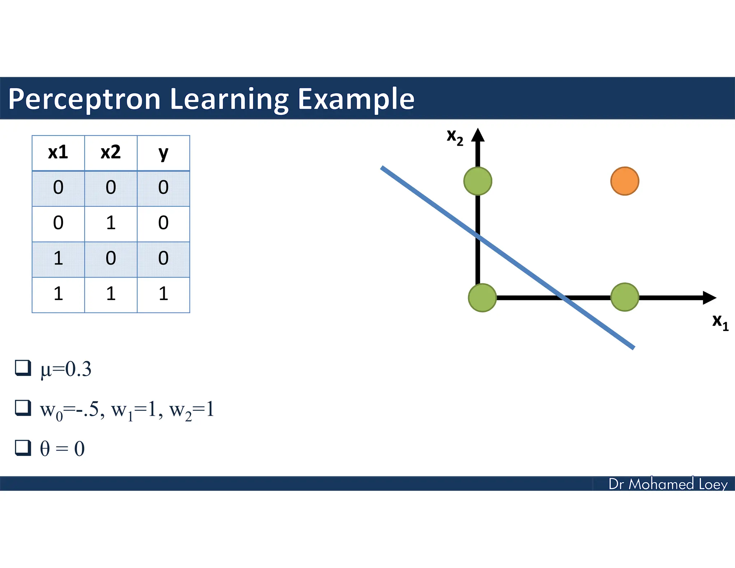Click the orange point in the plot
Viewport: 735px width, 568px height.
(624, 181)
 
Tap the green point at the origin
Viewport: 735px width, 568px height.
(482, 298)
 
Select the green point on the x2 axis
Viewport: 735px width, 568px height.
(478, 181)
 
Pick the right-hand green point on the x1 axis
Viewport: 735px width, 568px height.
(624, 297)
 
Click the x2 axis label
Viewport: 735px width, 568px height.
(455, 137)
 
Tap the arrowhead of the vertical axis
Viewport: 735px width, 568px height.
(478, 135)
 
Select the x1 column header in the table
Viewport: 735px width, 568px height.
(58, 153)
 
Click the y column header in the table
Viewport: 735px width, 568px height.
(163, 153)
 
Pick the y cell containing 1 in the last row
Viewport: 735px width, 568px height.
(163, 294)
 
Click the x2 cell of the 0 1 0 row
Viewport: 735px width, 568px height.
(111, 223)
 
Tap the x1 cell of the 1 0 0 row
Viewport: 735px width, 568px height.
(58, 259)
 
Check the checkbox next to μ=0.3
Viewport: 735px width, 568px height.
(23, 368)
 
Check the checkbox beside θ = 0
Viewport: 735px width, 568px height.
(23, 448)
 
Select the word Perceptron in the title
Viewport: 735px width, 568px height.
(84, 99)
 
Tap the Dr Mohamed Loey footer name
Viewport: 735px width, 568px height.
(668, 484)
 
